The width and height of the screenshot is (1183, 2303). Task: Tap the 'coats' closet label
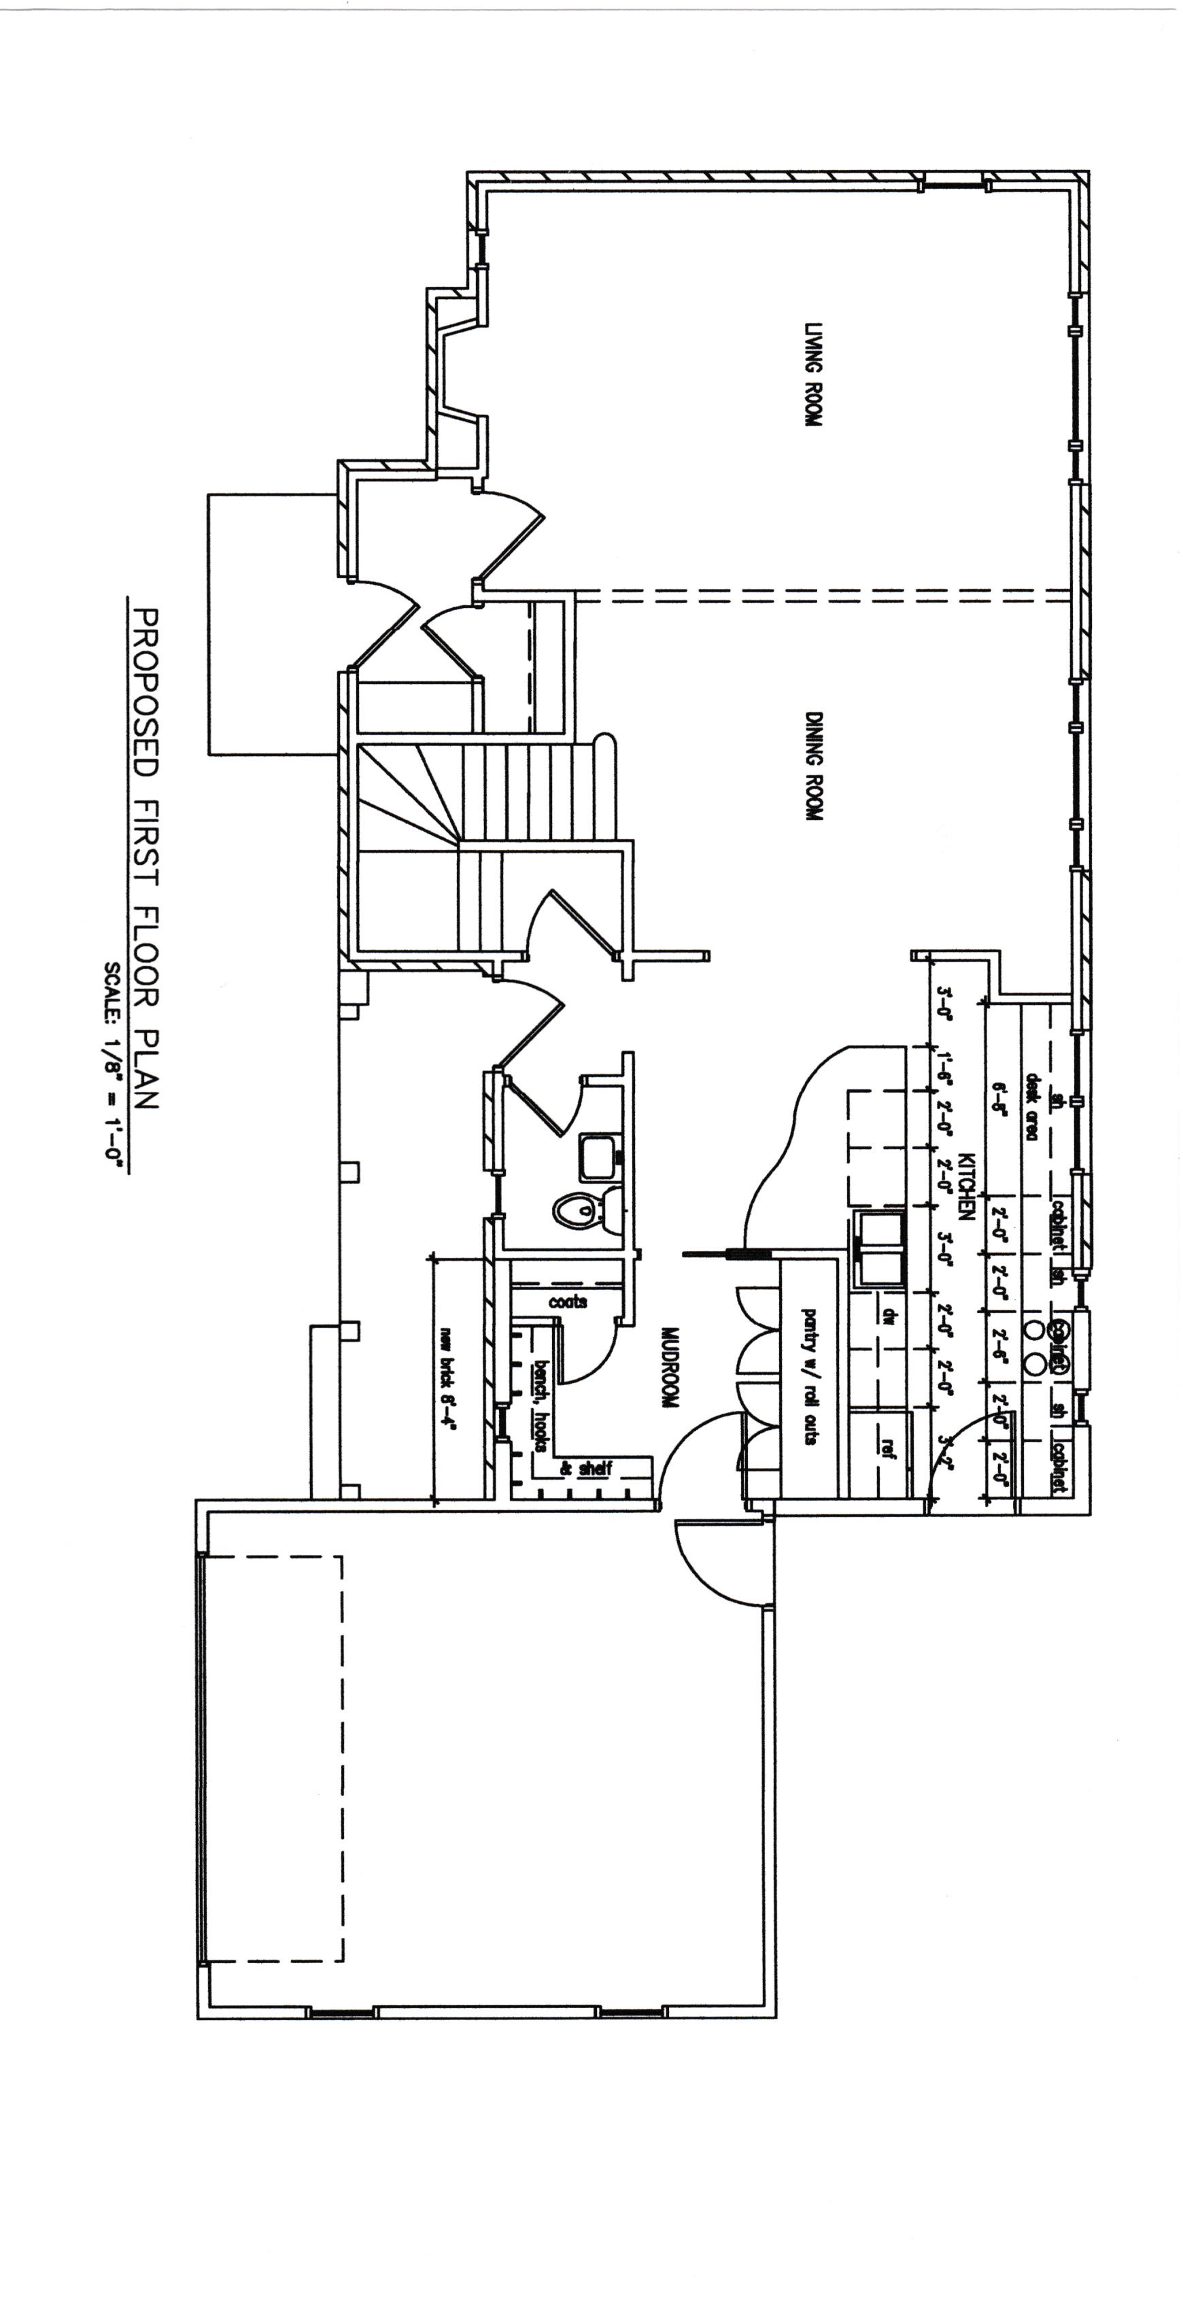(x=568, y=1301)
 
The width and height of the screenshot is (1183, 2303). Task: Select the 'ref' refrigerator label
(x=888, y=1446)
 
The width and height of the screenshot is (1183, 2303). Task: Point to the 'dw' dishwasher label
(x=889, y=1316)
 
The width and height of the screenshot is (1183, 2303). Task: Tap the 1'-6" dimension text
(x=945, y=1068)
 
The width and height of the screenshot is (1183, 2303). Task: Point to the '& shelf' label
(x=585, y=1468)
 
